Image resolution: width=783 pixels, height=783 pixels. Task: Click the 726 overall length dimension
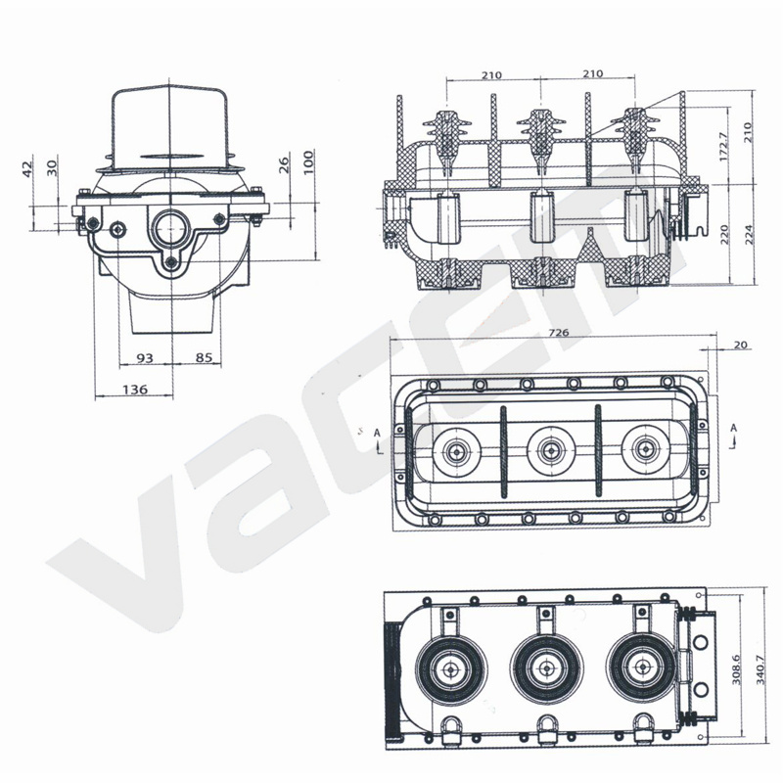click(x=558, y=333)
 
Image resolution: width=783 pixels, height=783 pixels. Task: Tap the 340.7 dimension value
click(x=760, y=669)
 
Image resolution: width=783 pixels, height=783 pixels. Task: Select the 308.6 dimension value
click(x=736, y=669)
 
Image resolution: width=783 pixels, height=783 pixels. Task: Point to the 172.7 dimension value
click(x=724, y=146)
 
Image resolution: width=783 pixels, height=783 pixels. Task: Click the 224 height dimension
click(x=749, y=234)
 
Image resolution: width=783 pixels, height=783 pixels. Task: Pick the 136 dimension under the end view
click(x=135, y=389)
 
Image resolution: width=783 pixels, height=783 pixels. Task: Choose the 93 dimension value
click(x=145, y=358)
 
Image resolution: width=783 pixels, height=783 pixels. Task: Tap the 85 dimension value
click(x=204, y=357)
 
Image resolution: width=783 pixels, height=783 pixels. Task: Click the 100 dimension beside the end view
click(x=308, y=161)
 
